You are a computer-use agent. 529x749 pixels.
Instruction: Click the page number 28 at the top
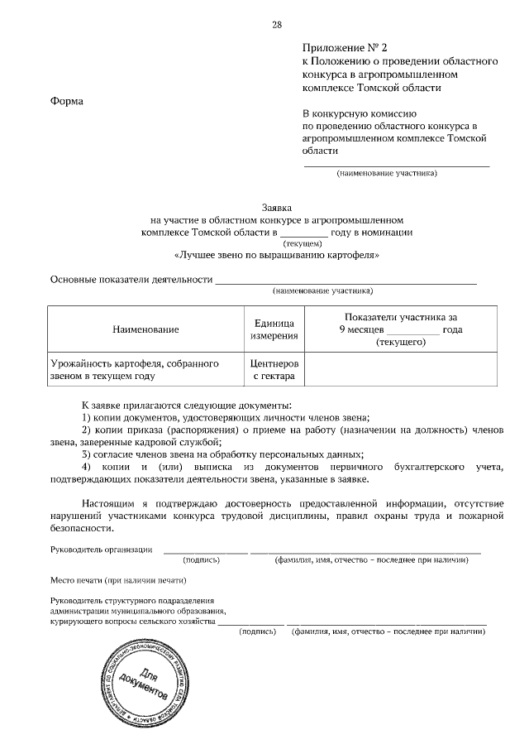(x=276, y=24)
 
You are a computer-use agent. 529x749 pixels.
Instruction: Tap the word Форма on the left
(x=66, y=101)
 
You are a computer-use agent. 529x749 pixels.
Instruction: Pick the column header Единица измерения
(x=274, y=330)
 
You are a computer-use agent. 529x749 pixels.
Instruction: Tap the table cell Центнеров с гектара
(x=274, y=369)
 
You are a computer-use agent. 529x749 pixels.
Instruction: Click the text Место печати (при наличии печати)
(x=113, y=580)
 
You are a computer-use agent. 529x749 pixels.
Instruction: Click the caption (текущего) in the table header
(x=401, y=341)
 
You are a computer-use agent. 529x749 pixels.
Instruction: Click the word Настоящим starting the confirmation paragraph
(x=112, y=502)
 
